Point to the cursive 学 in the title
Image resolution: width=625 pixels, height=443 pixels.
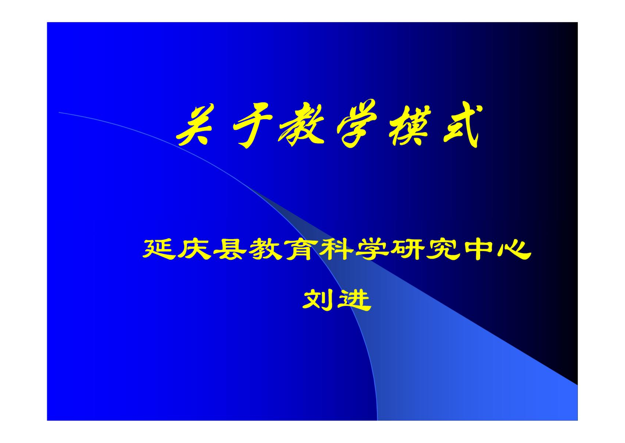pyautogui.click(x=357, y=124)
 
